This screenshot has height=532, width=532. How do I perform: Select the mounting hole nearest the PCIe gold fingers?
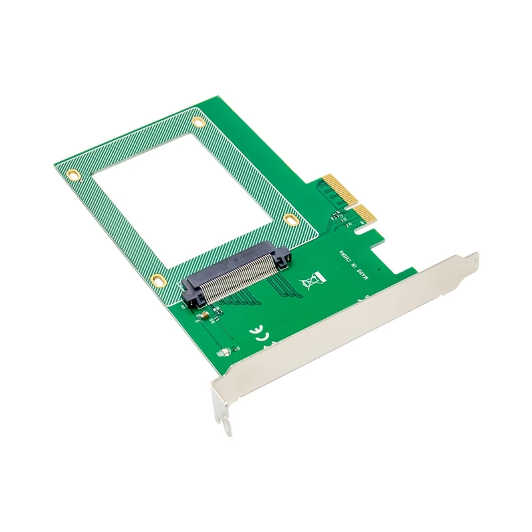coord(290,219)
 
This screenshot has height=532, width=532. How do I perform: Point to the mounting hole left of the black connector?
coord(157,280)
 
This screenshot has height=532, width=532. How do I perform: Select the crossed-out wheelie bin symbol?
coord(311,282)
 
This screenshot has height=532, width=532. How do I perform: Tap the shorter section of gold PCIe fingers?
coord(364,214)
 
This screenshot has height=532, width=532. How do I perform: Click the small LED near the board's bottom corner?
coord(227,352)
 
